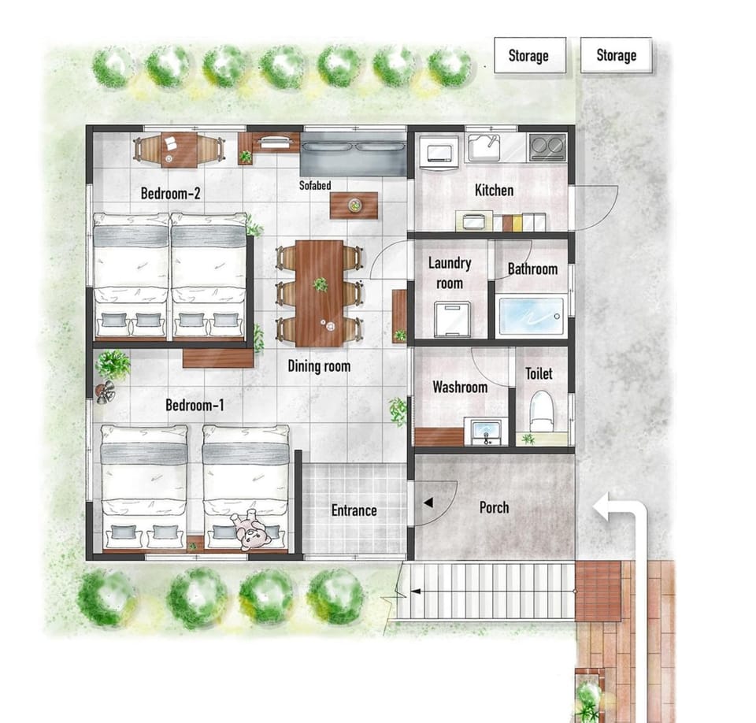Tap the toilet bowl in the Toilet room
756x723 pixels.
540,411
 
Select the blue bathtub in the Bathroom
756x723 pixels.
530,317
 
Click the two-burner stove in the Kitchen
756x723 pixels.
547,146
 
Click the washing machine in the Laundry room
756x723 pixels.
452,319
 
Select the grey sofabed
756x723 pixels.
354,154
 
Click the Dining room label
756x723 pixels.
319,366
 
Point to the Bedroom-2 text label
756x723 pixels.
170,194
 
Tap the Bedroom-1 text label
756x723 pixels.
195,405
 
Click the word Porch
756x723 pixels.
495,507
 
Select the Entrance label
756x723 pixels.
354,510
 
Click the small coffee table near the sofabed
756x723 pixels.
354,205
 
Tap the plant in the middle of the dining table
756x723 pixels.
320,284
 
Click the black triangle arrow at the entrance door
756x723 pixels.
428,503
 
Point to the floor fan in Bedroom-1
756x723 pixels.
105,391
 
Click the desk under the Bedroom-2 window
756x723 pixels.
180,150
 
